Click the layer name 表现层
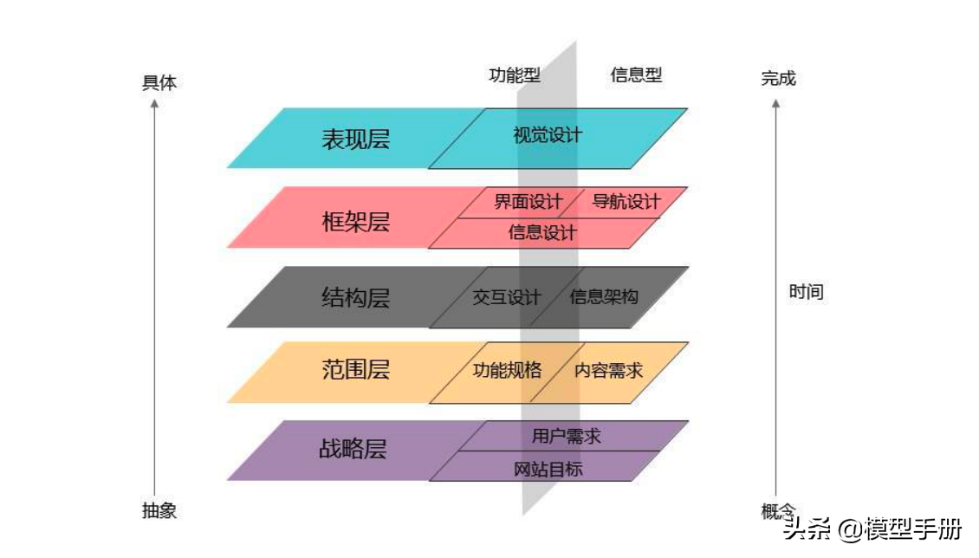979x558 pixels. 355,139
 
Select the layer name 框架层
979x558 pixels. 355,222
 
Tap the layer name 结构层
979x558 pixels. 355,297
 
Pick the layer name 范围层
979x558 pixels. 355,369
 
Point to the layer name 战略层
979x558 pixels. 353,448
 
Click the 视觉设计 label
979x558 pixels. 548,135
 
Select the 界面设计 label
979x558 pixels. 528,202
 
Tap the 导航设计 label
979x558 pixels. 626,202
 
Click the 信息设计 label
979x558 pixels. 542,232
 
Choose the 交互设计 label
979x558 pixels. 506,297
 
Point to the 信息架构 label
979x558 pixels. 603,296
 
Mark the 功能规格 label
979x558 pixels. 506,370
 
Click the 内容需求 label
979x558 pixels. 608,370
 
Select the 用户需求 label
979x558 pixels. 566,436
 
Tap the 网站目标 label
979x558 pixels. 548,469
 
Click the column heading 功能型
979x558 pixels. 515,75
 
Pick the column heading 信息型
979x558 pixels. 636,75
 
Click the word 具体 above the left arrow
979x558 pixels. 159,82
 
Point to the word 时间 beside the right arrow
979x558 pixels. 806,291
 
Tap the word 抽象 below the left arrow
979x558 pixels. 159,510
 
